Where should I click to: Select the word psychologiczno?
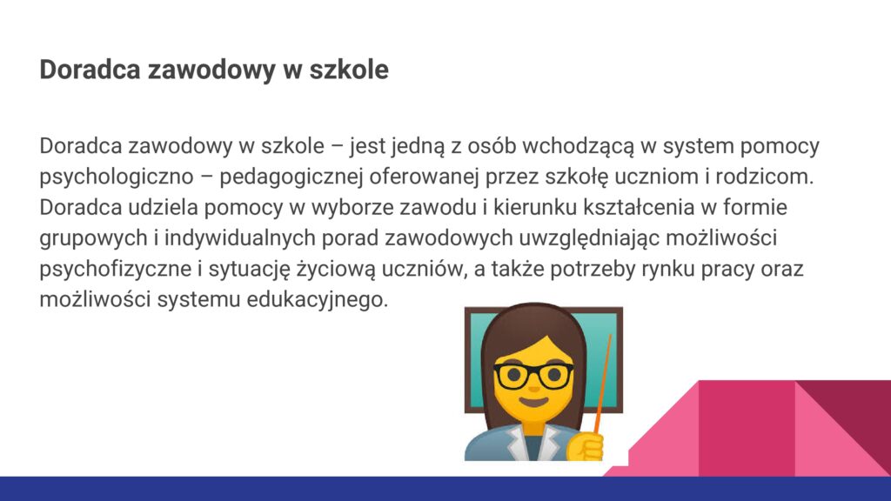click(117, 177)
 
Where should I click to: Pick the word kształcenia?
click(639, 207)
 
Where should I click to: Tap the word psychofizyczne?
click(116, 270)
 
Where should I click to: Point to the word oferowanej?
click(424, 177)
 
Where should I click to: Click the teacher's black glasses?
click(533, 376)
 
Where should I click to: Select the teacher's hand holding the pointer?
click(585, 447)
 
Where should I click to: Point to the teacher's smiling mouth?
click(533, 402)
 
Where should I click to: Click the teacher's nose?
click(533, 387)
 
